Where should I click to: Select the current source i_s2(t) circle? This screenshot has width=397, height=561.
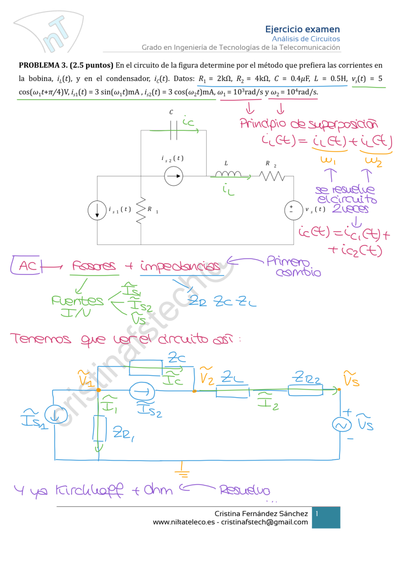(x=173, y=176)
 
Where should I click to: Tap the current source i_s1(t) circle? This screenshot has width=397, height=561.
(x=97, y=210)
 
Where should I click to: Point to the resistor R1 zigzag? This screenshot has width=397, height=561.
(x=140, y=210)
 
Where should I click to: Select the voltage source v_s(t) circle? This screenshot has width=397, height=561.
(x=292, y=210)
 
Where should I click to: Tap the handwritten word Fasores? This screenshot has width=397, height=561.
(x=94, y=267)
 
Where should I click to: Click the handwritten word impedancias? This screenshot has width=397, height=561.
(x=182, y=267)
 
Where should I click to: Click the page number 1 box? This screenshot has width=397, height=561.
(x=327, y=517)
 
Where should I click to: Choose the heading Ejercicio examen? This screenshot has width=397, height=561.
(x=302, y=29)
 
